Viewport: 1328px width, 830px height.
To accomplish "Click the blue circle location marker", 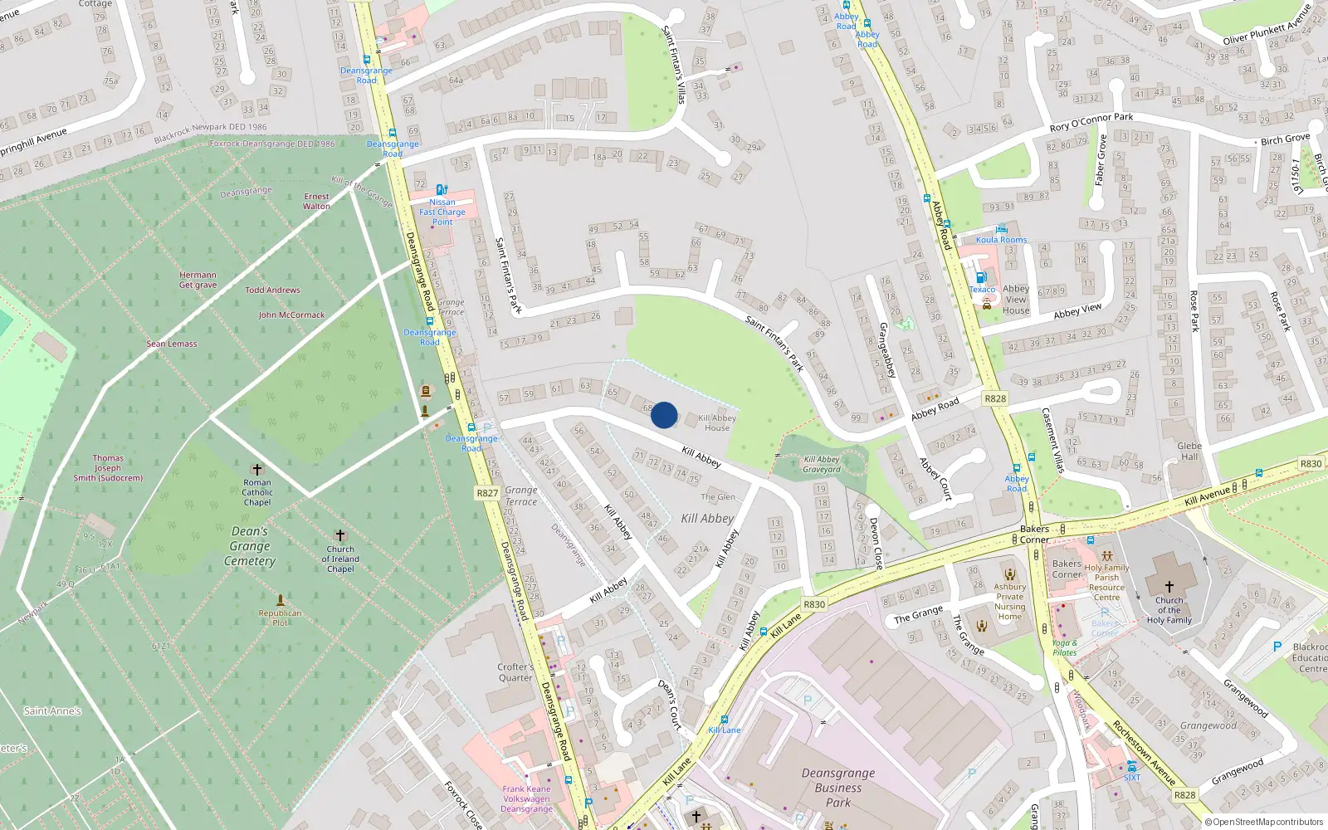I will (x=664, y=415).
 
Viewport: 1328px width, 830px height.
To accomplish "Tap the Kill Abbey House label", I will (x=717, y=423).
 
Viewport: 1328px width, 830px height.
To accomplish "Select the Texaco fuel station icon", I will (x=981, y=278).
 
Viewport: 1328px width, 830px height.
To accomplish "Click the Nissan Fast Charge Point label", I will (x=442, y=212).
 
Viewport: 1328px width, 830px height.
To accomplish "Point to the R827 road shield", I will (x=487, y=493).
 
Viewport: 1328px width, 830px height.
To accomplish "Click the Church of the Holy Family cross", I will (x=1169, y=587).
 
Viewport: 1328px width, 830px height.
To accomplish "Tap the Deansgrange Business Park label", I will (x=838, y=788).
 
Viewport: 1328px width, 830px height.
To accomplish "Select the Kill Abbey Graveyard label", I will (x=822, y=464).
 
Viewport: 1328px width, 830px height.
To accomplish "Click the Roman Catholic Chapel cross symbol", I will (x=257, y=470).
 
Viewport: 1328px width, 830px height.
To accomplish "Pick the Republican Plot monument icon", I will (x=281, y=599).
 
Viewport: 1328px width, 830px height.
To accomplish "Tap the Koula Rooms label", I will (x=1001, y=240).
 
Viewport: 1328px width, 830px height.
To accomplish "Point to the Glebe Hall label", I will (x=1189, y=451).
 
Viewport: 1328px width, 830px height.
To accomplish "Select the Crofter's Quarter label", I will (x=515, y=672).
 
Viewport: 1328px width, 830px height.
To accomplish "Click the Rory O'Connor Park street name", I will (x=1091, y=123).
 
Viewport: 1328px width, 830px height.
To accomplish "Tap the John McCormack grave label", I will (x=291, y=315).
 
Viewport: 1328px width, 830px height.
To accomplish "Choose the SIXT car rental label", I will (x=1132, y=778).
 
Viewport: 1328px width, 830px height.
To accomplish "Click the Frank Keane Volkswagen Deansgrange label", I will (x=526, y=799).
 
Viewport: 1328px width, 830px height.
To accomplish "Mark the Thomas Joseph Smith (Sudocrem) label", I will (x=108, y=468).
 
